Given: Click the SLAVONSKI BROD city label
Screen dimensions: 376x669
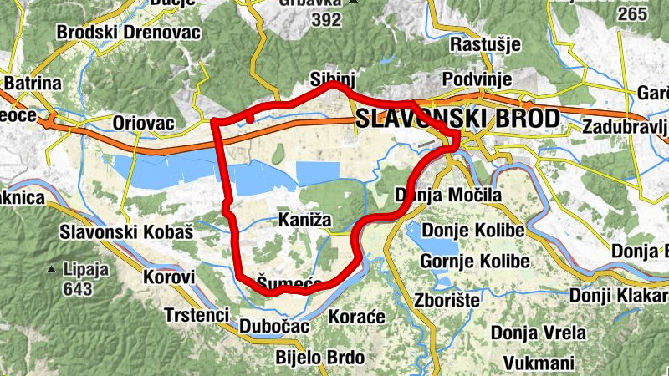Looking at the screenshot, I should [x=457, y=119].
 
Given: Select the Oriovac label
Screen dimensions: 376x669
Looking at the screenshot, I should [x=143, y=124].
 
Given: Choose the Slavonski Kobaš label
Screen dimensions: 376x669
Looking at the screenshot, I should [x=126, y=232].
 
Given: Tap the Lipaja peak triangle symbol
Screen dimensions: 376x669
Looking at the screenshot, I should [x=52, y=270].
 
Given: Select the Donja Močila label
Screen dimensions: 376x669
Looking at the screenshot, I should [x=447, y=196].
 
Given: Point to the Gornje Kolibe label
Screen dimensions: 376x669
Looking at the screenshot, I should [x=474, y=262].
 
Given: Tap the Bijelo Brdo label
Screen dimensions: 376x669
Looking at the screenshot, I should [x=320, y=358].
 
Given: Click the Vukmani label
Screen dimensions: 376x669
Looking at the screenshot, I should [x=539, y=363].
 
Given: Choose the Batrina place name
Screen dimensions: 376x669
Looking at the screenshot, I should [x=33, y=84].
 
